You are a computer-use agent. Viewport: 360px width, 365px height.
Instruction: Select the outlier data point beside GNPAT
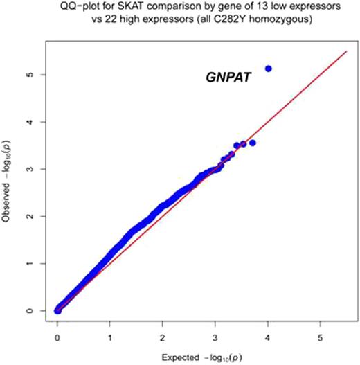click(x=269, y=69)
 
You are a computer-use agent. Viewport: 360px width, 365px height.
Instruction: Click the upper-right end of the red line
click(x=346, y=51)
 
